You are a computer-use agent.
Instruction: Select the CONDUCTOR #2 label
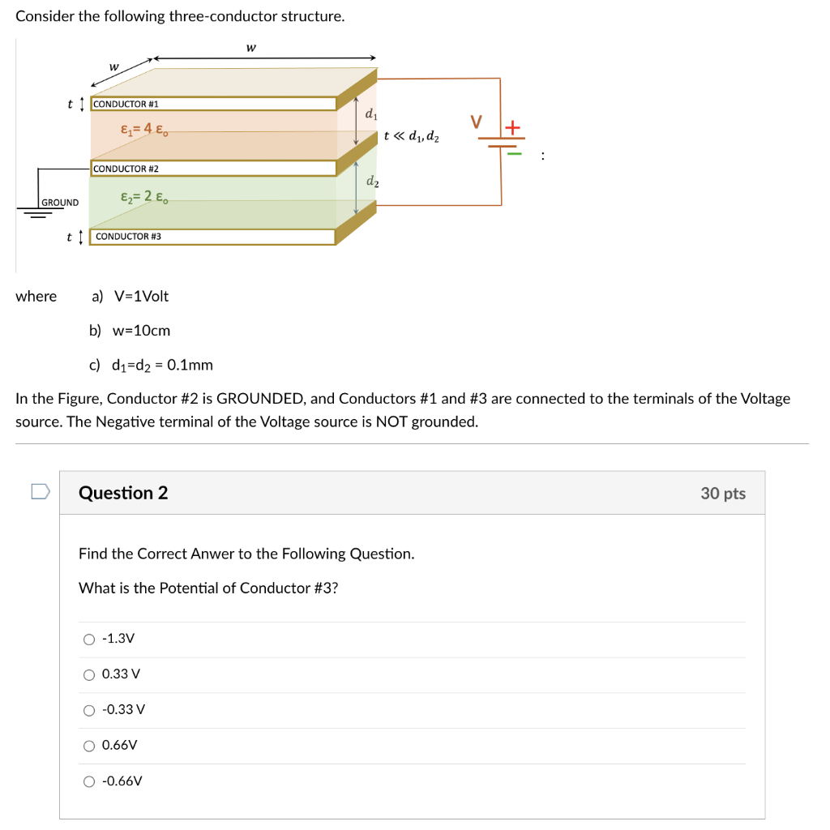[x=126, y=169]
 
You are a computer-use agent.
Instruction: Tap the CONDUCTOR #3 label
[x=128, y=237]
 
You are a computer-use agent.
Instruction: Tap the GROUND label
[x=60, y=203]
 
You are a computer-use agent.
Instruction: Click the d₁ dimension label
[x=370, y=114]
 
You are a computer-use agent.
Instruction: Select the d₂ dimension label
[x=371, y=181]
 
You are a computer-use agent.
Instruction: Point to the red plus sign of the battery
[x=515, y=127]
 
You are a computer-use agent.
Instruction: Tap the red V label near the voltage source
[x=477, y=122]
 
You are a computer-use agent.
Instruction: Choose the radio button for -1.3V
[x=89, y=639]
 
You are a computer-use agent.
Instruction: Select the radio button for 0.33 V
[x=89, y=674]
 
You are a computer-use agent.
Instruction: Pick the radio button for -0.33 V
[x=89, y=710]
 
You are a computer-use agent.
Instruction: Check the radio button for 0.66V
[x=89, y=746]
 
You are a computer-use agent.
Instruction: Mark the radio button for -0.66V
[x=89, y=781]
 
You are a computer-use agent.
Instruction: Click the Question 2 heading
[x=123, y=493]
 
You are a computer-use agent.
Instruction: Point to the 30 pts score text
[x=723, y=494]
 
